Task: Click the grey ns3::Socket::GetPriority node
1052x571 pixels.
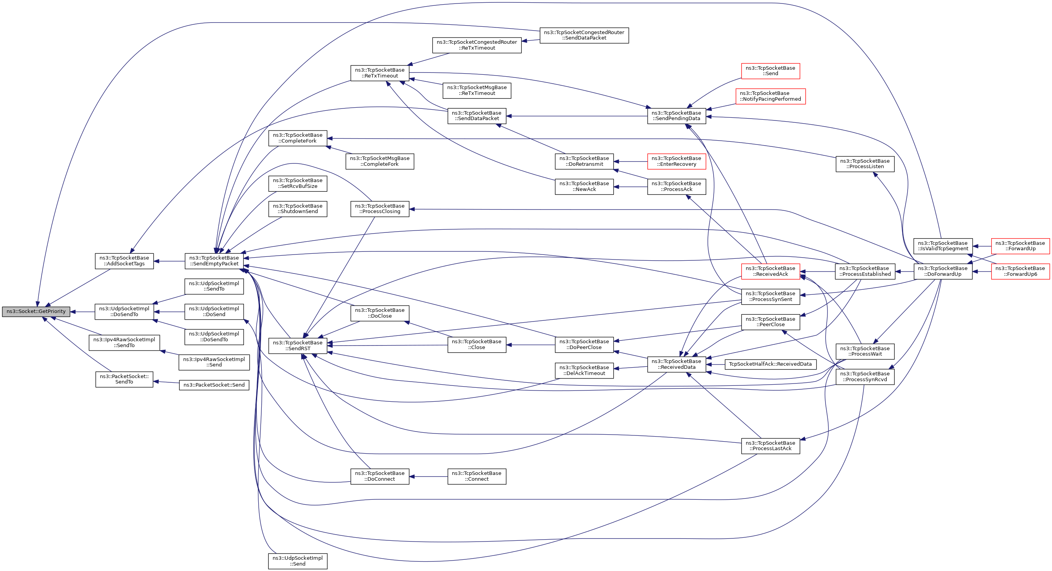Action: coord(36,311)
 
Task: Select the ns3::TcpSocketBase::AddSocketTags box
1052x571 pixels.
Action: coord(124,261)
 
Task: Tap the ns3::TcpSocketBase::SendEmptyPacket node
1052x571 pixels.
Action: coord(214,261)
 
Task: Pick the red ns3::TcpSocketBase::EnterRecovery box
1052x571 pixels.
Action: coord(676,161)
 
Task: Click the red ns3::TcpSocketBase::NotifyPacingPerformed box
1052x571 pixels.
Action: coord(770,96)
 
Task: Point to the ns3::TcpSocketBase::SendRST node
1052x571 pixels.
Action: coord(298,346)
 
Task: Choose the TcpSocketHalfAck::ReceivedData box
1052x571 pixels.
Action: coord(770,364)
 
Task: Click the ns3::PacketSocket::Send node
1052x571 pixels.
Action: coord(214,385)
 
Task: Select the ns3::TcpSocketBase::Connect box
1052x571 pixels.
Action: coord(477,476)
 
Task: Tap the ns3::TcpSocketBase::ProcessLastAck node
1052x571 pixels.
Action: coord(770,446)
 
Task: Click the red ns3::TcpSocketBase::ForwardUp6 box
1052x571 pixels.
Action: coord(1020,272)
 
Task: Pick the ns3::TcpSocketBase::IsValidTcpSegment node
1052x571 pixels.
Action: coord(943,246)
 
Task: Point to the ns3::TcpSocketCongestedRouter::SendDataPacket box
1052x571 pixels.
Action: coord(584,35)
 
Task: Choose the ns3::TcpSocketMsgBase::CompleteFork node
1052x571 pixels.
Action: coord(380,161)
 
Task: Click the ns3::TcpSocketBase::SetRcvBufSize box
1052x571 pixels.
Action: coord(298,183)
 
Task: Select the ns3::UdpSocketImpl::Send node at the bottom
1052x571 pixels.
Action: coord(298,561)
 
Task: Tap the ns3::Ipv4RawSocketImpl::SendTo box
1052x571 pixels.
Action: coord(124,343)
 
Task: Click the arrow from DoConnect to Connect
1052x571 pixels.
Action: coord(428,476)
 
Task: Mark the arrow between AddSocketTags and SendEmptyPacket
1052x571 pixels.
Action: coord(169,261)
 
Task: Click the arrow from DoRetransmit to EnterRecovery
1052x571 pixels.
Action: coord(631,162)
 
